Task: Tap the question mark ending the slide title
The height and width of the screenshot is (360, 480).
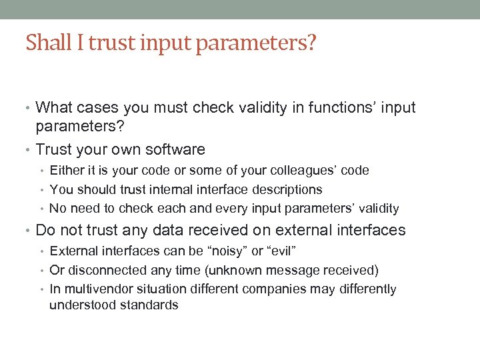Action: [311, 43]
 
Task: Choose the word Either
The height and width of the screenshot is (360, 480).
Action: [67, 171]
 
